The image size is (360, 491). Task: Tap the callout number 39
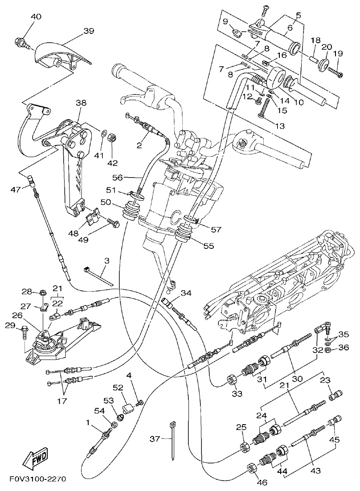click(x=89, y=31)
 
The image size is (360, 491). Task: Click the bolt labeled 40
click(x=21, y=43)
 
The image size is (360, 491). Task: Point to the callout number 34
click(x=186, y=293)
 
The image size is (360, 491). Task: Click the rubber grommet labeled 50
click(x=131, y=210)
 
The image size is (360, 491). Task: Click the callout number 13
click(x=279, y=126)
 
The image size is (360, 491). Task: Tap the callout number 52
click(x=118, y=388)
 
